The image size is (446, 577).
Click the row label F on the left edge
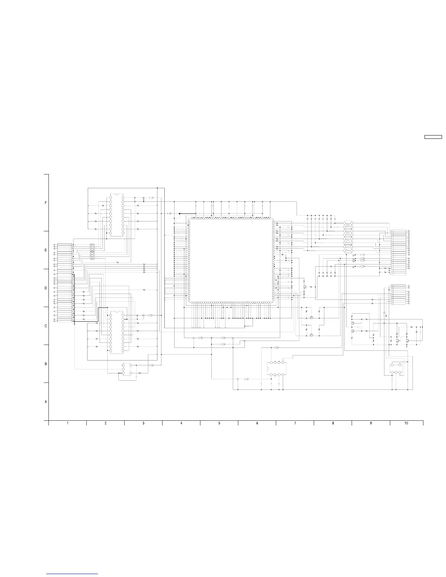pos(46,203)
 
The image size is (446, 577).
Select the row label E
pos(46,250)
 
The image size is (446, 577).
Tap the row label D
pos(46,288)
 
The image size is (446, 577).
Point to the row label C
pos(46,326)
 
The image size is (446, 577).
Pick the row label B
pos(46,364)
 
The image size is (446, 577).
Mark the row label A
pos(46,402)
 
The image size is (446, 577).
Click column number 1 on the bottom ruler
pos(67,423)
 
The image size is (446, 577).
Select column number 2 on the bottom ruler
pos(105,423)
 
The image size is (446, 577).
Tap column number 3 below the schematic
pos(144,423)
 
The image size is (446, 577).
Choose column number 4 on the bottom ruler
pos(181,423)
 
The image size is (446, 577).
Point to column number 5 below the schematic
pos(219,423)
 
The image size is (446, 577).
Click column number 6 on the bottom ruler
pos(257,423)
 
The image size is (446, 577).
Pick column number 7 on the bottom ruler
pos(295,423)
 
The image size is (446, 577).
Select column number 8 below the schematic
pos(333,423)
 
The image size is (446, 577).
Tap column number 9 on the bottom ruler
pos(371,423)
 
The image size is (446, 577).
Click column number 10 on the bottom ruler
pos(406,423)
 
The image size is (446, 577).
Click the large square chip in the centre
pos(231,260)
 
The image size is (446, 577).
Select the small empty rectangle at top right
pos(433,137)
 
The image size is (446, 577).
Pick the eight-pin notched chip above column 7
pos(277,369)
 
